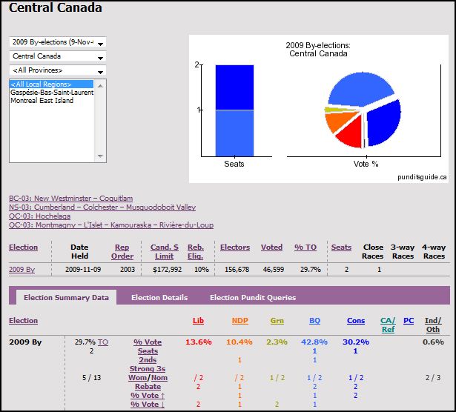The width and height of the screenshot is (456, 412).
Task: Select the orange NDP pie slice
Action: pos(339,122)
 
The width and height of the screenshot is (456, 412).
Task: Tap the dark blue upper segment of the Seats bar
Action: pos(234,87)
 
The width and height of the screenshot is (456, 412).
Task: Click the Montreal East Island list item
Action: pos(42,101)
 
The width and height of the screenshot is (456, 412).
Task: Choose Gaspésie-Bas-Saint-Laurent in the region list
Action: pos(52,93)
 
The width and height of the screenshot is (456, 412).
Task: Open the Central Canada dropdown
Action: pos(58,56)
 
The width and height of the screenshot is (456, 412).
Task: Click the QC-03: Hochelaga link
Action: pos(39,216)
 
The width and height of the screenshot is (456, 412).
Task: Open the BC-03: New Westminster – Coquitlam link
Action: pos(70,198)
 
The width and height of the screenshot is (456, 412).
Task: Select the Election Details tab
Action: pos(159,298)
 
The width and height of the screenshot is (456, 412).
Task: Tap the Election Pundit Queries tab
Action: pos(253,298)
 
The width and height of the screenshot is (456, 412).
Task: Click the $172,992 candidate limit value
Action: pos(168,270)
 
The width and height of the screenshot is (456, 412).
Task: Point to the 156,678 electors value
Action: pos(237,270)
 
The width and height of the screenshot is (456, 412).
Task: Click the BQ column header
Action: pos(314,321)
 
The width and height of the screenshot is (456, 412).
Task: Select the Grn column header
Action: pos(277,321)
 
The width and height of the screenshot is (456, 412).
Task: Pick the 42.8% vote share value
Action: pos(314,342)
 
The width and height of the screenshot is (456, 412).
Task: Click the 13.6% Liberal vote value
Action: pos(199,342)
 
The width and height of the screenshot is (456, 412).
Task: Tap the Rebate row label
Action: pos(148,386)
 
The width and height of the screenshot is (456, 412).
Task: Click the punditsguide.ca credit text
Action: pos(422,176)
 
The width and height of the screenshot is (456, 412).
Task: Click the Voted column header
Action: pos(271,247)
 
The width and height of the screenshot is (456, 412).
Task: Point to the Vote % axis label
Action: pos(366,164)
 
